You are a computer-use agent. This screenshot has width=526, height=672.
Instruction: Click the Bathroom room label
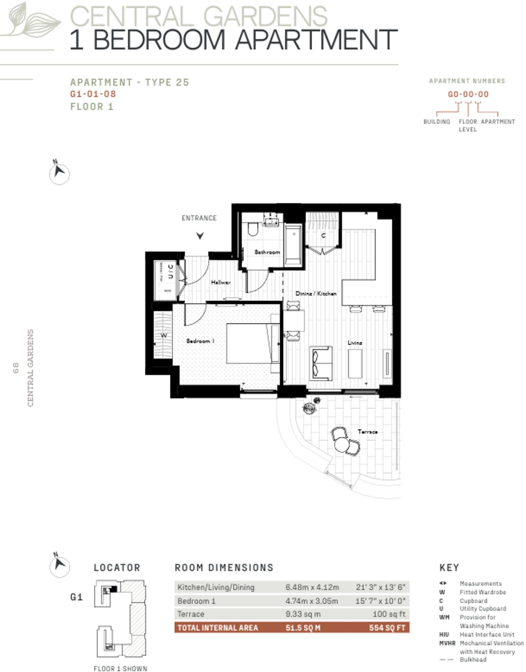(x=267, y=252)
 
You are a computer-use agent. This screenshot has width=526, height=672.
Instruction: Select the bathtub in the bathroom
(x=293, y=244)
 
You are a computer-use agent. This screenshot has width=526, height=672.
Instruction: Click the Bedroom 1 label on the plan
(x=200, y=341)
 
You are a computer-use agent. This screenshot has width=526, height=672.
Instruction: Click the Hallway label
(x=221, y=282)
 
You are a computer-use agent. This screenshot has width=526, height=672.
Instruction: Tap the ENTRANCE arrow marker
(x=200, y=235)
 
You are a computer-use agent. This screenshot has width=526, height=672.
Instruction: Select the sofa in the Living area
(x=321, y=363)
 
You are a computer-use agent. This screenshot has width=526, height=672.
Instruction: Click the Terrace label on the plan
(x=368, y=432)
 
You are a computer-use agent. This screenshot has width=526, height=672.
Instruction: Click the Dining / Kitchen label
(x=316, y=293)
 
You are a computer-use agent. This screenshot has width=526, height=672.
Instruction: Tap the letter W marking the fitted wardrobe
(x=164, y=335)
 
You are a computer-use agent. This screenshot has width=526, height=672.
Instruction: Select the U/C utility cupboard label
(x=170, y=271)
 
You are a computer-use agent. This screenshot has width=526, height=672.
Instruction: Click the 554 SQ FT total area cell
(x=387, y=628)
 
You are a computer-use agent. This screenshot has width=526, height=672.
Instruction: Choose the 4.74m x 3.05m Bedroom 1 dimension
(x=311, y=601)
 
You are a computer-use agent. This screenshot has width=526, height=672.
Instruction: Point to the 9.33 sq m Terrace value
(x=303, y=614)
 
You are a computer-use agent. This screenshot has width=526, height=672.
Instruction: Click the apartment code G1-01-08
(x=93, y=94)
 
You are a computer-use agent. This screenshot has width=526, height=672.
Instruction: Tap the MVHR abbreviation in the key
(x=447, y=643)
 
